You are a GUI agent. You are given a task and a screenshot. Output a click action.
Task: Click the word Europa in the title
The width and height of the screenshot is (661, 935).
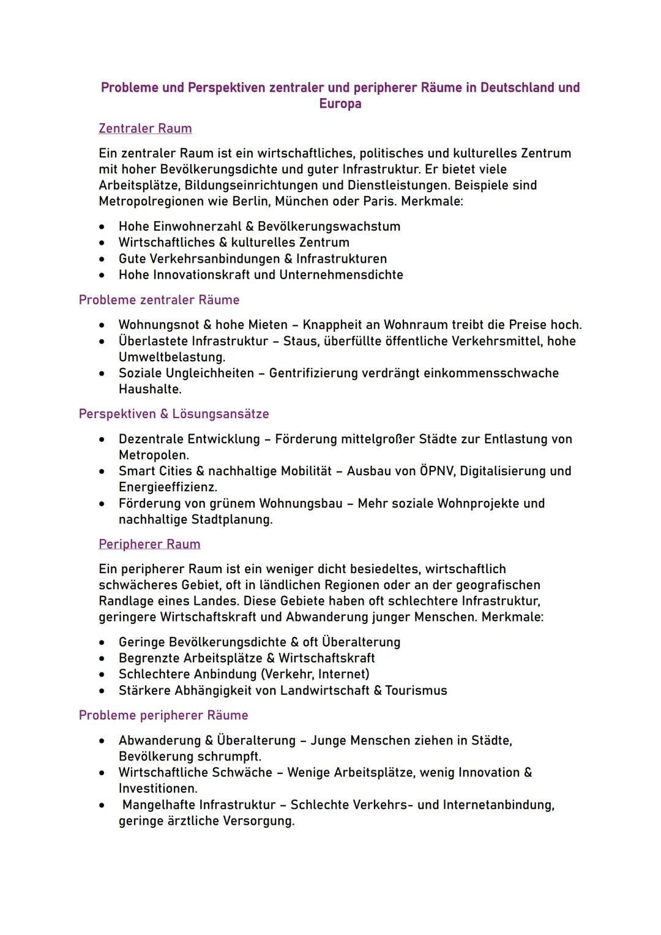(340, 103)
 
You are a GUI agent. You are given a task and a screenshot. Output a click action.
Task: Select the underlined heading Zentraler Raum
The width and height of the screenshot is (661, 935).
(145, 129)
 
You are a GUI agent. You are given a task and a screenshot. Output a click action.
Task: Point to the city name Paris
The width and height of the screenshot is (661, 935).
(374, 201)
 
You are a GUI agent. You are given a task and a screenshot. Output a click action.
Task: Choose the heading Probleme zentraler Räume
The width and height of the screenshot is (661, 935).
(159, 300)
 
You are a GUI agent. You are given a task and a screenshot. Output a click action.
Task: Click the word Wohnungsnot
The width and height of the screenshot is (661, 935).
(159, 325)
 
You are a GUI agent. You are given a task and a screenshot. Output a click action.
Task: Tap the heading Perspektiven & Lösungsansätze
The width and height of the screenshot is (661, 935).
(174, 414)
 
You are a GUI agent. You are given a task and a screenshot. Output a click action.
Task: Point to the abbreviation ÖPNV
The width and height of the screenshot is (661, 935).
(437, 471)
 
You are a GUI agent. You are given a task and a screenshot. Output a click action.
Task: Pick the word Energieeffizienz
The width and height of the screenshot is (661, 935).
(167, 487)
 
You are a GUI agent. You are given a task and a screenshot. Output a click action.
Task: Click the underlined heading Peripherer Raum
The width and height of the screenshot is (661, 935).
(149, 544)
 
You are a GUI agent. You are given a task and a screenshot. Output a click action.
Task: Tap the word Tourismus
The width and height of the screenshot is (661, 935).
(416, 691)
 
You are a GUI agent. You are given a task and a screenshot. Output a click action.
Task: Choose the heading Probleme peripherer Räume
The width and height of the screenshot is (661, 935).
(163, 715)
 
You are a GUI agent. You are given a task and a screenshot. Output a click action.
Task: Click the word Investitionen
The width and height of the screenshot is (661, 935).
(157, 789)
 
